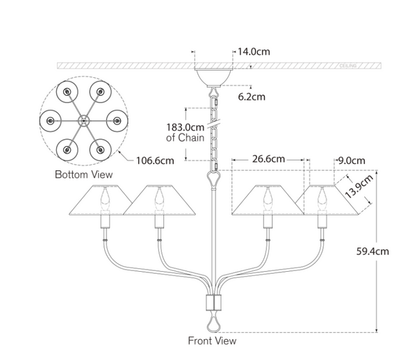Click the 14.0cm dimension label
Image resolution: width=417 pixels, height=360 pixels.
253,51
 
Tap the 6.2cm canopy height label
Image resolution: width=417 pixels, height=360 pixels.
250,97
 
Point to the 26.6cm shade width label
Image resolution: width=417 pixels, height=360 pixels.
268,158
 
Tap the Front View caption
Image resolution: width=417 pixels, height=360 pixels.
212,341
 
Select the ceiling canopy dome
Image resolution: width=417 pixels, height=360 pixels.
212,75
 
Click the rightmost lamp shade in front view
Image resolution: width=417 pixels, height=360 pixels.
327,199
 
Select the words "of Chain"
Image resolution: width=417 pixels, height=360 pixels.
186,138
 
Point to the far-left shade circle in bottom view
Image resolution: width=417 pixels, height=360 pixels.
51,121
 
